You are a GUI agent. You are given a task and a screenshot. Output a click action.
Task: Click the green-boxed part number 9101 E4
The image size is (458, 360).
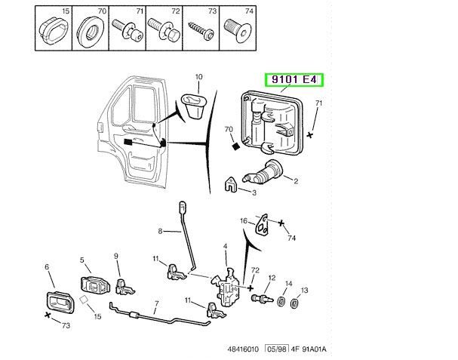coord(294,79)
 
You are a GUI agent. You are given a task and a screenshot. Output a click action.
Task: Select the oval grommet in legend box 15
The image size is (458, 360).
coord(53,30)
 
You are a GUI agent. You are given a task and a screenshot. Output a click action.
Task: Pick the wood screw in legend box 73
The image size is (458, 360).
coord(201,30)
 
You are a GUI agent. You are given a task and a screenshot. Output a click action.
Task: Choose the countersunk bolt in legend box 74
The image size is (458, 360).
coord(238,31)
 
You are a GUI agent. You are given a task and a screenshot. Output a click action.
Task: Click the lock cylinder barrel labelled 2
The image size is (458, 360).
coord(263,172)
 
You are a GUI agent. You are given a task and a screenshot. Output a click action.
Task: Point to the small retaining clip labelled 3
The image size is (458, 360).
coord(230,184)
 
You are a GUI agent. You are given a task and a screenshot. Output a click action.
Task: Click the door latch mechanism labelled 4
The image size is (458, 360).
coord(226,287)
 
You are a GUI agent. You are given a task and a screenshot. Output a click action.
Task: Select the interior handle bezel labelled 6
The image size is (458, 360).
coord(60,302)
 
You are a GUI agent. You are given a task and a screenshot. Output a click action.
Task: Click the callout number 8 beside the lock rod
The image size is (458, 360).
coord(160,231)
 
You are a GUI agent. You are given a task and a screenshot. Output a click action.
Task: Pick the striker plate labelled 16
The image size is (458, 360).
coord(262,224)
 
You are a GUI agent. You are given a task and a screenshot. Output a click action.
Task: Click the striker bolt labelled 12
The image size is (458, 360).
coord(262,299)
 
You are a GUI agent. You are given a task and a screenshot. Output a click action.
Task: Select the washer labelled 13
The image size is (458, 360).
coord(294,303)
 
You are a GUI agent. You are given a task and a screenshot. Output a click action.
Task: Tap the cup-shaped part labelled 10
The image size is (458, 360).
coord(194,106)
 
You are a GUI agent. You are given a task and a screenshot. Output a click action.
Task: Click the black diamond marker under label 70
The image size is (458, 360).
coord(236,146)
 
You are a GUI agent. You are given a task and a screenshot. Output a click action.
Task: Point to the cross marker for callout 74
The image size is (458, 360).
coord(281,223)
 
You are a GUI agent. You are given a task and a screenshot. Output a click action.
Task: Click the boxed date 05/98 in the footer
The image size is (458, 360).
coord(277,349)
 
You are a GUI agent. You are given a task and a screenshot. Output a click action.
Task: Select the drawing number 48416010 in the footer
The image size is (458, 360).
coord(243,349)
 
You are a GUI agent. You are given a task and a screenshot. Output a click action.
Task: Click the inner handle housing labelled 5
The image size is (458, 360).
coord(95,285)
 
